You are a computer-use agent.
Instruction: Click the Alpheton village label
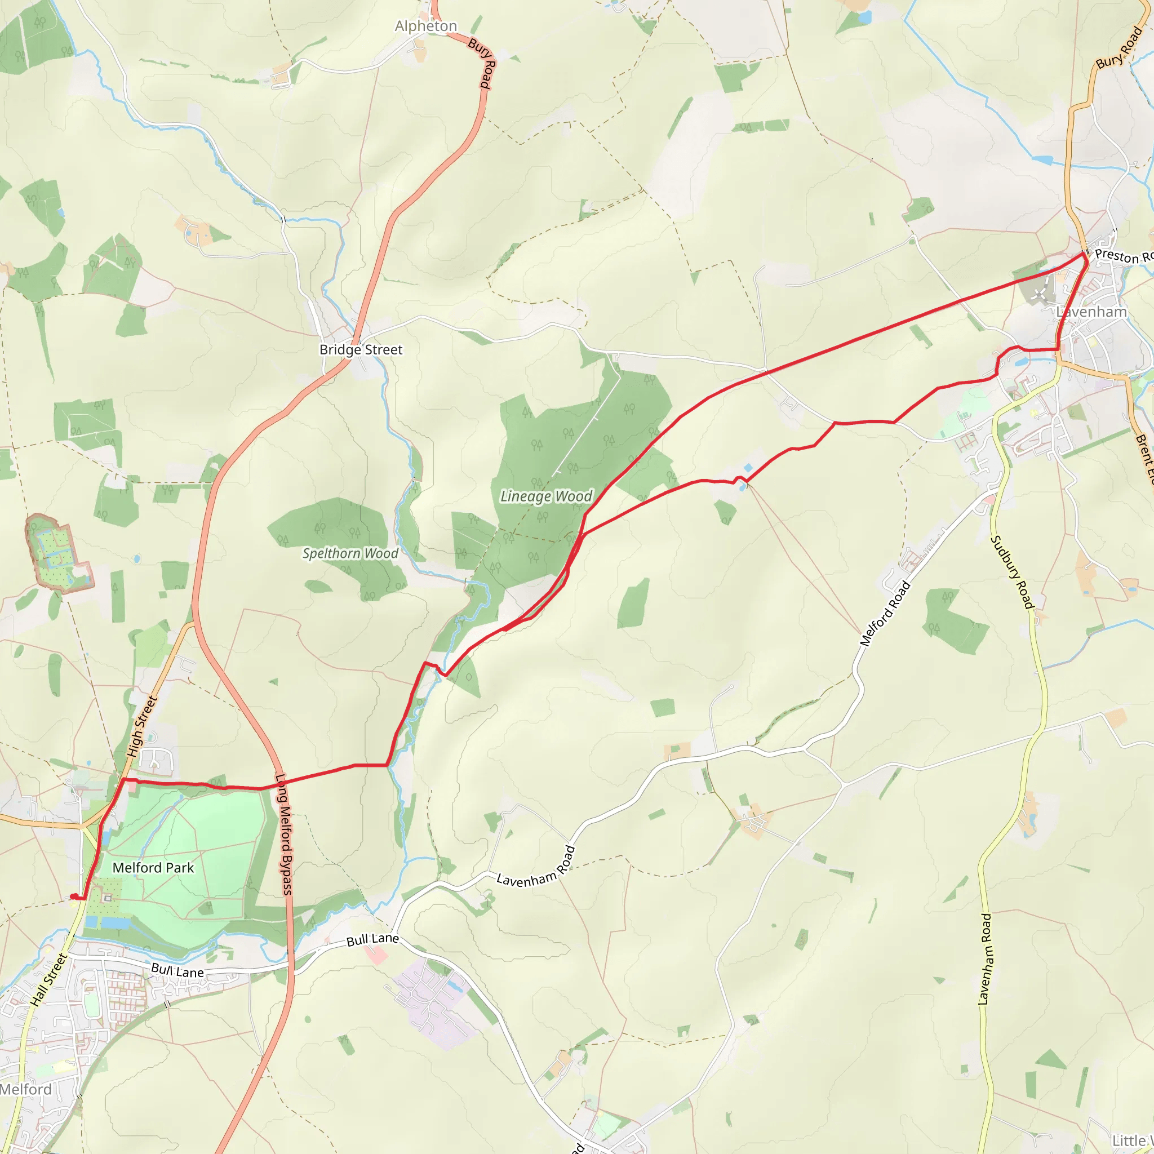(x=426, y=26)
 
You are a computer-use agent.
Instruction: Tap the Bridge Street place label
(x=361, y=349)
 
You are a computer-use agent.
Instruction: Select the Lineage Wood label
(x=546, y=496)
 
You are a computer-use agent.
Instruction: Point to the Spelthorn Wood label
(x=350, y=554)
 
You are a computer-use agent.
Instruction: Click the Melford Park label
(x=153, y=868)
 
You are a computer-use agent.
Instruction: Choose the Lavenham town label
(x=1091, y=312)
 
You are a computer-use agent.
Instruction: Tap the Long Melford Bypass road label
(x=285, y=835)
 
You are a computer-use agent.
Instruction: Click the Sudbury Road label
(x=1012, y=572)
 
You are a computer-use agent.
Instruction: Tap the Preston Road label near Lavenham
(x=1123, y=257)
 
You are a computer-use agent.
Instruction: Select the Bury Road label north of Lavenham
(x=1119, y=48)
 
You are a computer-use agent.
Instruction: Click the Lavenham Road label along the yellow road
(x=986, y=959)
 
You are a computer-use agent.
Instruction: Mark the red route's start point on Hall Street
(x=73, y=896)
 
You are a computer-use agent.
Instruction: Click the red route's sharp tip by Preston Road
(x=1084, y=254)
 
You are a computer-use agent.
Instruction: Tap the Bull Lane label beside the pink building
(x=372, y=939)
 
